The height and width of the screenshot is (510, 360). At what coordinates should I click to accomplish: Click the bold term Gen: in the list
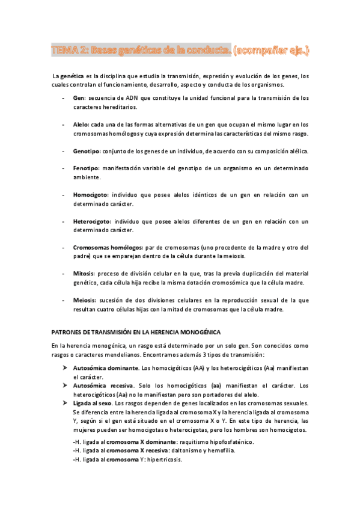[x=79, y=97]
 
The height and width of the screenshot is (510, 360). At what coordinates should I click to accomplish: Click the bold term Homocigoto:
[x=90, y=195]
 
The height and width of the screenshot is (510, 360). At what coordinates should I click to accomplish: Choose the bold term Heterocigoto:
[x=91, y=221]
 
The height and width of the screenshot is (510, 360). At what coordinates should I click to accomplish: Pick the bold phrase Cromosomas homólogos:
[x=107, y=248]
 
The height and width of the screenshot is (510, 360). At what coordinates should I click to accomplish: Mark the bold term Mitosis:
[x=85, y=274]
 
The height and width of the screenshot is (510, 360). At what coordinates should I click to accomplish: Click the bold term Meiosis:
[x=85, y=300]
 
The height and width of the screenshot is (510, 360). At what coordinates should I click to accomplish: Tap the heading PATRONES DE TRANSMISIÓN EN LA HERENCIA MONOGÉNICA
[x=136, y=331]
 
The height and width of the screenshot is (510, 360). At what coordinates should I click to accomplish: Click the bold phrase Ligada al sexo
[x=91, y=403]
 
